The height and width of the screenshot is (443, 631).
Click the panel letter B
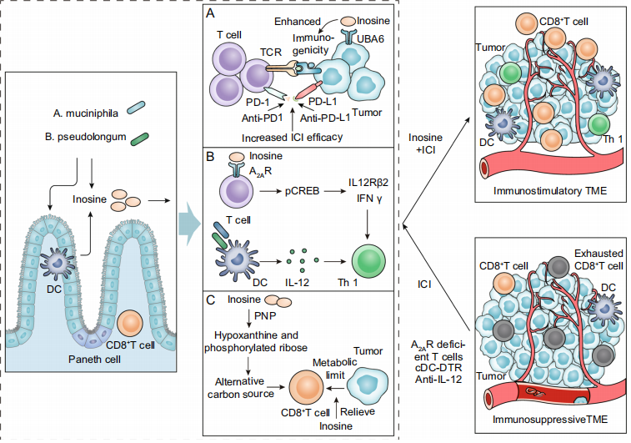click(213, 155)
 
